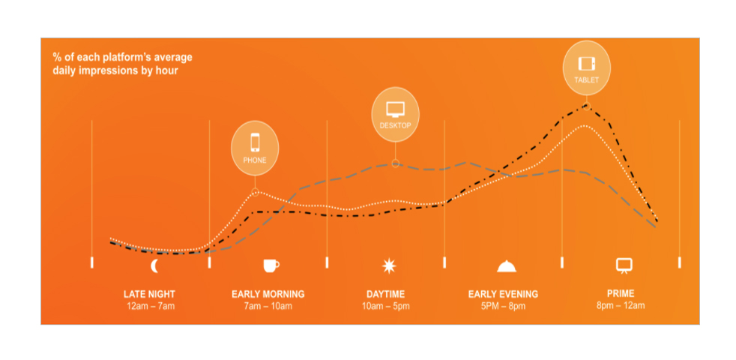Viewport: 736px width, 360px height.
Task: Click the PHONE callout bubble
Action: point(255,148)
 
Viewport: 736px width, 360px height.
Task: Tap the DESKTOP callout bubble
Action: point(395,114)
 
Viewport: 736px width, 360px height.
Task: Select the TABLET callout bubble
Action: point(587,68)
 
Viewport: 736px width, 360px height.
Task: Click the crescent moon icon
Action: point(154,266)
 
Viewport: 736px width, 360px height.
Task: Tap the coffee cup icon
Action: point(271,265)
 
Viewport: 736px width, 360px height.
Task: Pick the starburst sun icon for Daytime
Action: point(389,266)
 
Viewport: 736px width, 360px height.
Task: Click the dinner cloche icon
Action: point(507,266)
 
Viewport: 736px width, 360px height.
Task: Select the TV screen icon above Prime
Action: point(624,265)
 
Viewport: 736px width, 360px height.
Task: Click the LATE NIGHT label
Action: point(149,295)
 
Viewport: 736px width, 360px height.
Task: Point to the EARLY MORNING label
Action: point(268,295)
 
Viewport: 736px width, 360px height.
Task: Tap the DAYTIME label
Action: point(385,295)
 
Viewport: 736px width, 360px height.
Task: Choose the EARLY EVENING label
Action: point(503,295)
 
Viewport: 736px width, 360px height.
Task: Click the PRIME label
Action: point(621,294)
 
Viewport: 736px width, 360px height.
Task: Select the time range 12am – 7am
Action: point(151,307)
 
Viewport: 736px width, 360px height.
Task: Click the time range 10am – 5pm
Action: point(386,307)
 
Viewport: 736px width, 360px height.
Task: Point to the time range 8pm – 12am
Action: point(621,306)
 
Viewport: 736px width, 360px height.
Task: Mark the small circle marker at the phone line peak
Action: point(255,191)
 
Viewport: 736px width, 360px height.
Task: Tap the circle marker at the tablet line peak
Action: point(586,105)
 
